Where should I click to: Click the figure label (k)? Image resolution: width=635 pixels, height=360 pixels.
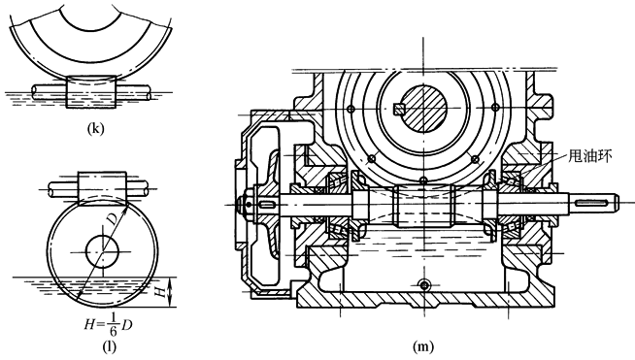click(95, 129)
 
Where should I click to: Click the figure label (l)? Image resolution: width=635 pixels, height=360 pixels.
click(110, 346)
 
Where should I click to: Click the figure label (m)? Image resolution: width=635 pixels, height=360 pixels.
click(422, 346)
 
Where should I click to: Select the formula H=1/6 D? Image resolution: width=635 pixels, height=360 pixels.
click(108, 326)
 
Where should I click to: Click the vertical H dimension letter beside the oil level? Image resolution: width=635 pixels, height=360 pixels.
click(161, 291)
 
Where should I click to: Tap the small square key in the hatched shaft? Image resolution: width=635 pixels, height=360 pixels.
click(399, 108)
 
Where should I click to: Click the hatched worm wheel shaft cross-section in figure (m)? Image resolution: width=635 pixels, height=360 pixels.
click(422, 109)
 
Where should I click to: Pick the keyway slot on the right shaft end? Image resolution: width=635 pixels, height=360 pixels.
click(594, 202)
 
